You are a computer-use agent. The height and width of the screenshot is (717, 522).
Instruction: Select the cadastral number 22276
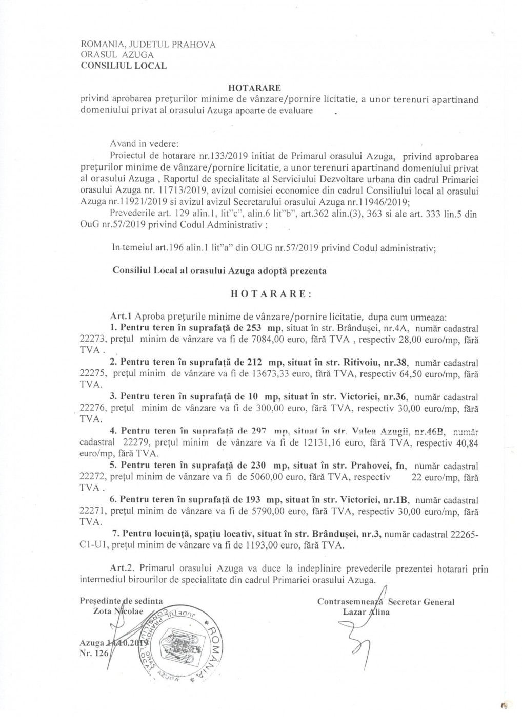92,409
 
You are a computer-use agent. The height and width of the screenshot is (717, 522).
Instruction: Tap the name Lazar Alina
366,611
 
